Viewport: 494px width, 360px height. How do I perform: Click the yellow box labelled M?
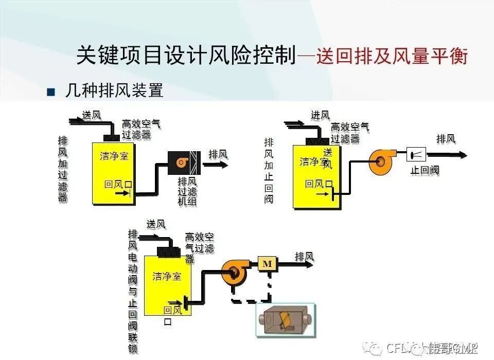[x=267, y=264]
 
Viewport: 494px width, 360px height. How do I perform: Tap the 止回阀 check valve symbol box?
[x=416, y=154]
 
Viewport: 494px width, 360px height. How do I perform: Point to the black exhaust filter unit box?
[x=184, y=163]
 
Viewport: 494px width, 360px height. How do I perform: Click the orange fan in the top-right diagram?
[x=381, y=161]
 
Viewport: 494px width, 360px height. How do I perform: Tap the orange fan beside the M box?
[x=235, y=272]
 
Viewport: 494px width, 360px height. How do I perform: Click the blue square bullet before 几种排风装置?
[x=50, y=93]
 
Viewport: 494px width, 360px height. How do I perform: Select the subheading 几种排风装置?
[x=114, y=91]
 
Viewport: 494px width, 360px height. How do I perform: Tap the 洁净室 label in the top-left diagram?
[x=114, y=156]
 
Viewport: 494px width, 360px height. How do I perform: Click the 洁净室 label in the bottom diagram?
[x=167, y=277]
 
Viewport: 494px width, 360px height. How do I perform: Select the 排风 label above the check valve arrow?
[x=446, y=139]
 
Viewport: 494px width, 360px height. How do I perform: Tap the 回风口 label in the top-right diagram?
[x=319, y=184]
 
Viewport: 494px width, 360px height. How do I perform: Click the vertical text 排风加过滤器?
[x=63, y=169]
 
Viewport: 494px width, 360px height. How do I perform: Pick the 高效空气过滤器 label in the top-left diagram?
[x=141, y=129]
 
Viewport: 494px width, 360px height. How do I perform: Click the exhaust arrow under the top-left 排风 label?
[x=216, y=165]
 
